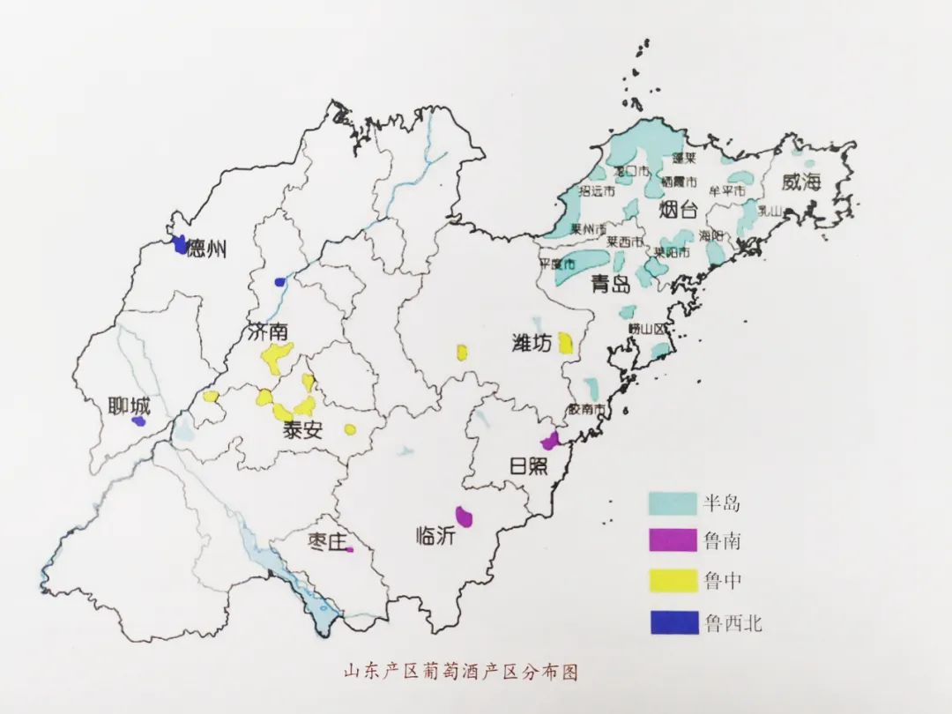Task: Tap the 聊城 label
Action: click(129, 407)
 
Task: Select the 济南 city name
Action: click(268, 334)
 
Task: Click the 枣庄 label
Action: click(328, 541)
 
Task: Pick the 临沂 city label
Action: click(435, 534)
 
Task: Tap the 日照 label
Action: click(529, 465)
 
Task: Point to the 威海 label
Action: click(800, 182)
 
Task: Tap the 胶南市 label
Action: click(587, 409)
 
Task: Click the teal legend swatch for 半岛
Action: click(673, 503)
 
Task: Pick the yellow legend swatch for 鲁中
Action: click(673, 582)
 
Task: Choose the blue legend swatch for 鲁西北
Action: click(673, 622)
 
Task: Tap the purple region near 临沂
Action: click(464, 515)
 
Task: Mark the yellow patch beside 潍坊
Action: click(564, 343)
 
